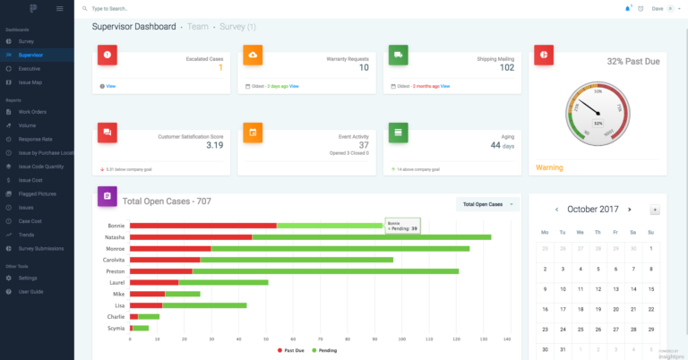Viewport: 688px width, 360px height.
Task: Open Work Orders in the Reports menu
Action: [x=32, y=112]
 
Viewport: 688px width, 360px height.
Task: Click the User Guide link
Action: [x=30, y=292]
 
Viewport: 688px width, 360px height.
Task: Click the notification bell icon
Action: [x=627, y=8]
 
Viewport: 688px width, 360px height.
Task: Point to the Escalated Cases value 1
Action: [x=220, y=67]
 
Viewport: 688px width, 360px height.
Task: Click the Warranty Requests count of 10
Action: [x=364, y=67]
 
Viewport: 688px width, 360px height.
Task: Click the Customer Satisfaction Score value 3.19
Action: [x=215, y=145]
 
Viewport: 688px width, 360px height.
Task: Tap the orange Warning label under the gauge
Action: [x=549, y=167]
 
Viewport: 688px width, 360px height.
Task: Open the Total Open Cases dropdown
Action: [x=487, y=204]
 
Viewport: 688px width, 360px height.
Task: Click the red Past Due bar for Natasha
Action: [x=191, y=236]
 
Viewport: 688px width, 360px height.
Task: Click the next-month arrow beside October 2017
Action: [x=629, y=209]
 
